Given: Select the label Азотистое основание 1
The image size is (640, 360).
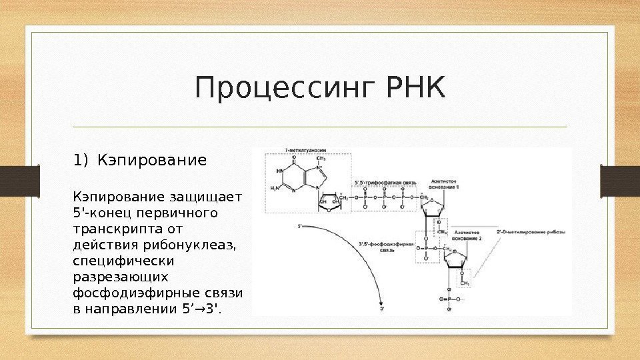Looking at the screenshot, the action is click(x=445, y=184).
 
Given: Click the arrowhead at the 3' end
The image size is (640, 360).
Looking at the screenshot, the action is click(x=381, y=299).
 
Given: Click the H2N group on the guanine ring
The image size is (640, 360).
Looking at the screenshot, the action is click(x=274, y=189).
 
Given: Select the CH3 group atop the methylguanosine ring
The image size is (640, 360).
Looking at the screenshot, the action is click(x=321, y=159).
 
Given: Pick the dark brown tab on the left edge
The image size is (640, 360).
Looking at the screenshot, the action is click(x=12, y=180).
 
